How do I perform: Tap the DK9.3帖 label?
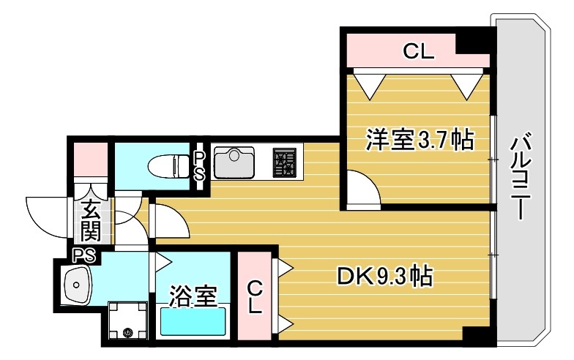tap(384, 276)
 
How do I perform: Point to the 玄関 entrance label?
tap(91, 222)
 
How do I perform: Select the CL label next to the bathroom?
tap(253, 296)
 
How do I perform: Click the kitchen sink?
tap(234, 161)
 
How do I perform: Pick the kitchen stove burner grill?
tap(284, 162)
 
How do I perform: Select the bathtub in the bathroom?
tap(193, 321)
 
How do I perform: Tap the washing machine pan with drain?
tap(128, 322)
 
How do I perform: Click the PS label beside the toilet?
tap(199, 165)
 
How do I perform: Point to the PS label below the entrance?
tap(83, 254)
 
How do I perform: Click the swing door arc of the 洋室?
tap(364, 189)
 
